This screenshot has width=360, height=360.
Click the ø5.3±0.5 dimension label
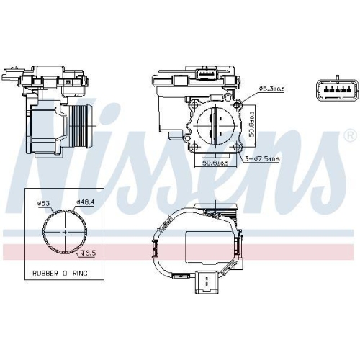272,89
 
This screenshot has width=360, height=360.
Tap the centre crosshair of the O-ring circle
65,231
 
